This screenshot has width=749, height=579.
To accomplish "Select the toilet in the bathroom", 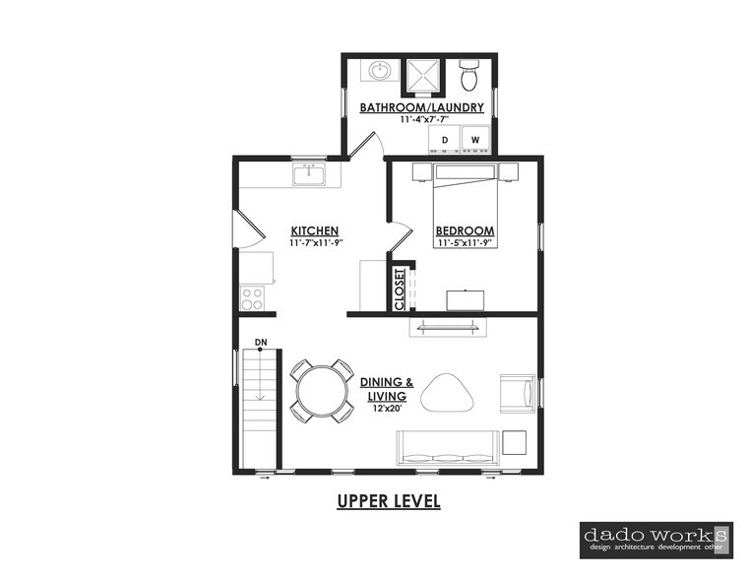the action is point(469,76).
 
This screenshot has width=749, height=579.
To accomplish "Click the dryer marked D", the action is point(445,140).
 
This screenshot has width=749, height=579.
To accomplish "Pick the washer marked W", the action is point(475,140).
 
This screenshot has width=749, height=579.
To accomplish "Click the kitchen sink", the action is point(309,174).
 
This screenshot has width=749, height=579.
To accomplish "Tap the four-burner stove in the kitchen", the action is point(251,298).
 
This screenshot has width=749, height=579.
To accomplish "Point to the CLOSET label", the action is point(400,289).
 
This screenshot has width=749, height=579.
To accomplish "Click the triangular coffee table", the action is point(447,393).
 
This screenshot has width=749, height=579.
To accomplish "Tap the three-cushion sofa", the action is point(448,448).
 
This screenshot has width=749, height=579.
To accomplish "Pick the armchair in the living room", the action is point(518,393).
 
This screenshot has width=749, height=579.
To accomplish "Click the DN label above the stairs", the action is point(261,342).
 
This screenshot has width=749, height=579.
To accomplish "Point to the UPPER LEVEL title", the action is point(389,501).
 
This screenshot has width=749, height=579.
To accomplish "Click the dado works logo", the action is point(655,541).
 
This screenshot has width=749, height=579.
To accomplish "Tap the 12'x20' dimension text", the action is point(387,409).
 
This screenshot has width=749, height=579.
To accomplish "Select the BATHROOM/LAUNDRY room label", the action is point(422,107).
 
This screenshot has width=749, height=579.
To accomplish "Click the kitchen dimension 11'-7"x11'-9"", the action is point(316,242).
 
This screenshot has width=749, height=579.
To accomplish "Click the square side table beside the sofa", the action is point(515,442).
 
